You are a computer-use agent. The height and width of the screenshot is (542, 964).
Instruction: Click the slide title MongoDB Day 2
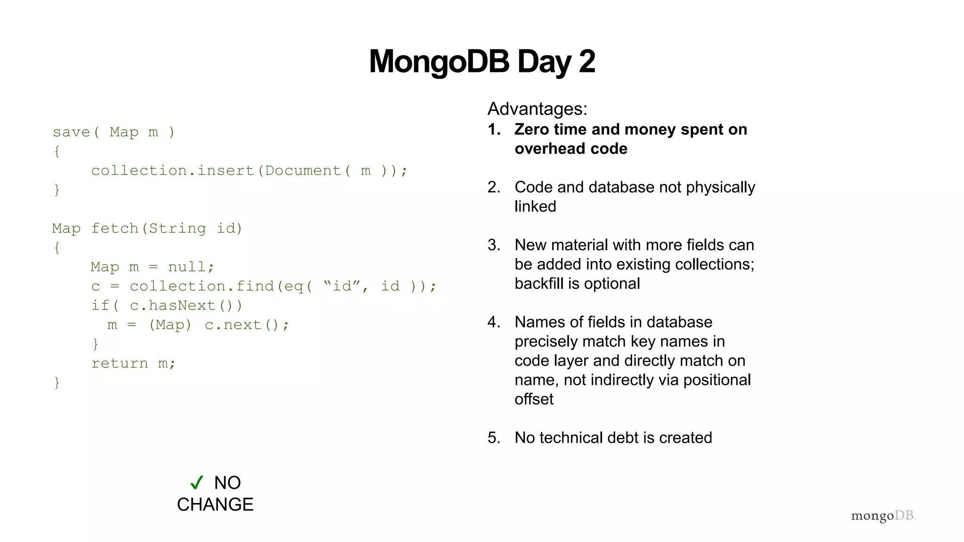tap(482, 62)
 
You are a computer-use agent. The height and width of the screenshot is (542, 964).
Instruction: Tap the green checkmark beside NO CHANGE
tap(197, 482)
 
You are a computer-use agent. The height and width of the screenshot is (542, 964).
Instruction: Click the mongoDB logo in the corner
tap(883, 516)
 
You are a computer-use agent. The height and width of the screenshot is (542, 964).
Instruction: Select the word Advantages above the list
tap(537, 109)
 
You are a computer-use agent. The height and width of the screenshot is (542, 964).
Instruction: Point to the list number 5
tap(493, 438)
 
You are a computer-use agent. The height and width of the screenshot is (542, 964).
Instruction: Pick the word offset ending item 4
tap(534, 399)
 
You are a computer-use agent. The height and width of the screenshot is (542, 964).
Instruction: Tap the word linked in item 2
tap(535, 207)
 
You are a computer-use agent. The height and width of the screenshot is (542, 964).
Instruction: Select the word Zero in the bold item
tap(531, 129)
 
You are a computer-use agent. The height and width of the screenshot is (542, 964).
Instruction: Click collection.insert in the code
tap(172, 170)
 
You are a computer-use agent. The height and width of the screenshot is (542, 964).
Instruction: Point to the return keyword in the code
tap(119, 363)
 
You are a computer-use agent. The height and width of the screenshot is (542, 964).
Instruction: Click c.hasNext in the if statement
tap(172, 306)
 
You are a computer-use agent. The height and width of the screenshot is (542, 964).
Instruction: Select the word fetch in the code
tap(114, 229)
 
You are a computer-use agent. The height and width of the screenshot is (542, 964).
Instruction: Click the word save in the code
tap(71, 132)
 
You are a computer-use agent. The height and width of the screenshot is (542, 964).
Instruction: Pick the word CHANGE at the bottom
tap(215, 504)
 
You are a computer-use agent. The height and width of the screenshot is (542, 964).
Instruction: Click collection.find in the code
tap(201, 286)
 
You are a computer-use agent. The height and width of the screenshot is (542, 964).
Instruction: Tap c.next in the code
tap(233, 325)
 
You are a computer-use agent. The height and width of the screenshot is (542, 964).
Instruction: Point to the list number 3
tap(493, 245)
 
